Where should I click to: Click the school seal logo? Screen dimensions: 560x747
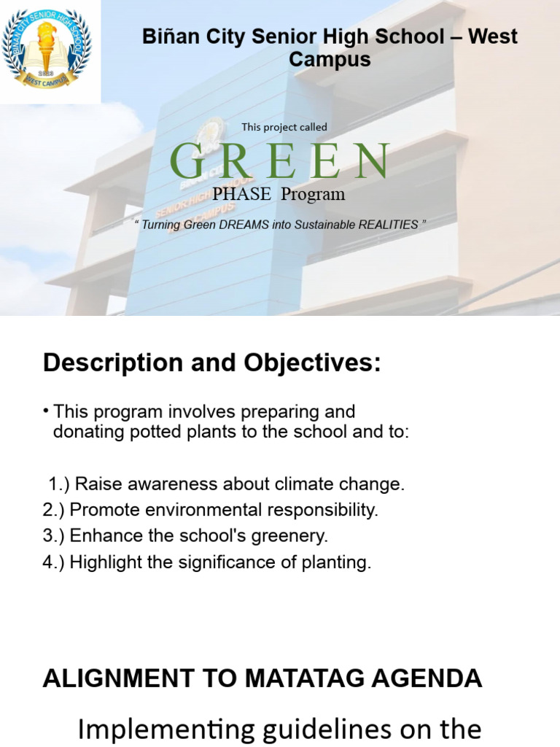click(46, 48)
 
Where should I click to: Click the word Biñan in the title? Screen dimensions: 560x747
click(170, 36)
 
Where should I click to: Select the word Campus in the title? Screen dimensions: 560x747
click(330, 60)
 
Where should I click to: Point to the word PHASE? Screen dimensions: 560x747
click(241, 194)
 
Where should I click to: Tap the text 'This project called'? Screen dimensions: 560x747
click(284, 127)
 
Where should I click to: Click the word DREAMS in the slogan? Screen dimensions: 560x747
click(244, 225)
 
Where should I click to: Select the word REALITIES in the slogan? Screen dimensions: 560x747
click(388, 225)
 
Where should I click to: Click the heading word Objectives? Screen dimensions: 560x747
click(312, 363)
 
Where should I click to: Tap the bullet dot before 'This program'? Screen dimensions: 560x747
click(45, 411)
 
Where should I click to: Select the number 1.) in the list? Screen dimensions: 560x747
click(59, 484)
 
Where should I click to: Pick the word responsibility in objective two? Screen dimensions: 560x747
click(323, 510)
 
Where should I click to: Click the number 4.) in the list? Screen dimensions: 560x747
click(53, 562)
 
